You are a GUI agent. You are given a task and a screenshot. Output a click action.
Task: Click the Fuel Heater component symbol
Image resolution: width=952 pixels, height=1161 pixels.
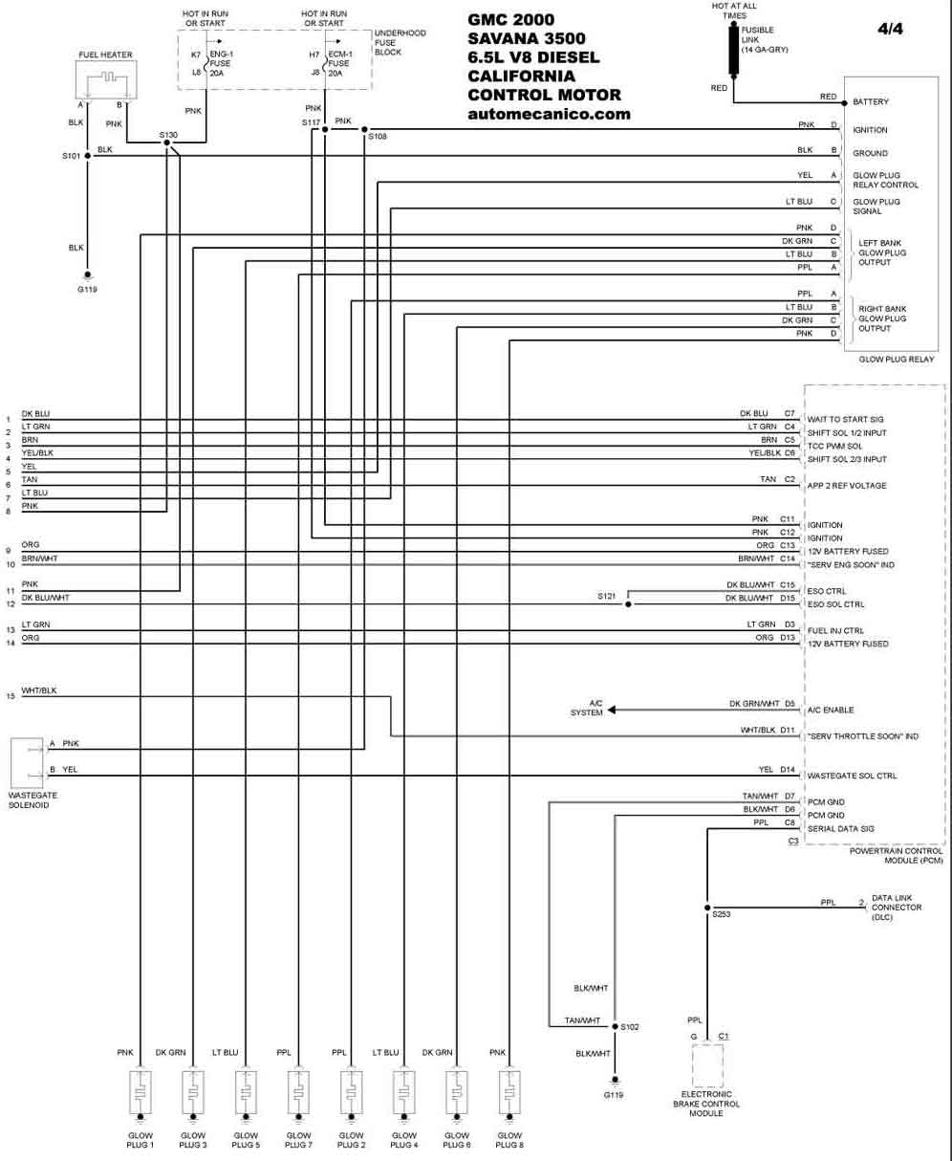pyautogui.click(x=106, y=79)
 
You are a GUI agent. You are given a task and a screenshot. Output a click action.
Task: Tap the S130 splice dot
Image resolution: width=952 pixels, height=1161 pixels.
pyautogui.click(x=166, y=142)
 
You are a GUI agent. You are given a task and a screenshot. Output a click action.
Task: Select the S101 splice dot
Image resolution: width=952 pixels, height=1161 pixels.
pyautogui.click(x=88, y=156)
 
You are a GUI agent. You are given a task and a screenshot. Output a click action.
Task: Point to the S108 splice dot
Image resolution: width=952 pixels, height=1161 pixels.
pyautogui.click(x=364, y=129)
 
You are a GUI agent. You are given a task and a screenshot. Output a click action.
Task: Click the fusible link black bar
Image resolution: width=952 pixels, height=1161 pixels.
pyautogui.click(x=733, y=50)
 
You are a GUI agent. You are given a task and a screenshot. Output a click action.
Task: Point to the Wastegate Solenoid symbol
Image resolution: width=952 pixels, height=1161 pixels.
pyautogui.click(x=27, y=762)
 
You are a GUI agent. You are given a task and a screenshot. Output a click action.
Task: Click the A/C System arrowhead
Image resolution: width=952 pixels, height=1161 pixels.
pyautogui.click(x=612, y=710)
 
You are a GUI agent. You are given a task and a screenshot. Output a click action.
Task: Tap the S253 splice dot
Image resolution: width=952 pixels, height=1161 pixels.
pyautogui.click(x=707, y=908)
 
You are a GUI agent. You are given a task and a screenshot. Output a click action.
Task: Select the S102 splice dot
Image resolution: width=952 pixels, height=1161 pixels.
pyautogui.click(x=616, y=1027)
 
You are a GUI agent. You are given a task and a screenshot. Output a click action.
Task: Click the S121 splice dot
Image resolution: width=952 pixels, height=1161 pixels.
pyautogui.click(x=628, y=603)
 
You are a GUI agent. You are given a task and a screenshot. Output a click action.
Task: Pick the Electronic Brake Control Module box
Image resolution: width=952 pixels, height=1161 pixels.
pyautogui.click(x=707, y=1065)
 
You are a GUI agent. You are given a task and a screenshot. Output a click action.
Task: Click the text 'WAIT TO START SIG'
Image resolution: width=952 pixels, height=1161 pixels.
pyautogui.click(x=845, y=420)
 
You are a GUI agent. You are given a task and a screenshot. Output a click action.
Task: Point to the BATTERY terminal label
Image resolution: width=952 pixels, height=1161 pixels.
pyautogui.click(x=871, y=101)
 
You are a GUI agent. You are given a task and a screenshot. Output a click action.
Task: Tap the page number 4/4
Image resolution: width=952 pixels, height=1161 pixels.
pyautogui.click(x=890, y=30)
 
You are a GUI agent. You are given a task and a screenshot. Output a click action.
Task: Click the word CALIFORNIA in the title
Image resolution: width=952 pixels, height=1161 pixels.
pyautogui.click(x=521, y=76)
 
